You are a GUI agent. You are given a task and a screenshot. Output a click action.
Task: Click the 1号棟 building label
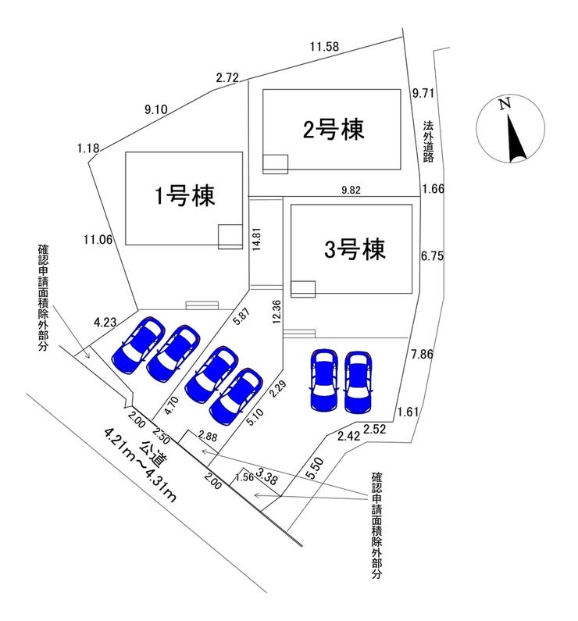(x=184, y=195)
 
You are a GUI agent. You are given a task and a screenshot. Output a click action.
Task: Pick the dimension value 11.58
(x=323, y=47)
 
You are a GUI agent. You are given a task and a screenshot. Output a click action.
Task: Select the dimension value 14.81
(x=255, y=243)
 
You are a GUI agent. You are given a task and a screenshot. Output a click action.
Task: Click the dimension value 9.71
(x=423, y=92)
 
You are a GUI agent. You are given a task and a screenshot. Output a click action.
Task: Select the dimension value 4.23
(x=105, y=321)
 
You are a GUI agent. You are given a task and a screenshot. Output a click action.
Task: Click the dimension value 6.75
(x=433, y=255)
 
